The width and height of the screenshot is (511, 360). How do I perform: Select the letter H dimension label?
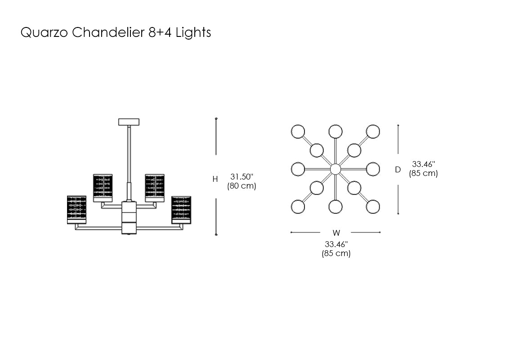(215, 179)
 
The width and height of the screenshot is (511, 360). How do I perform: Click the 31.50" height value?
(242, 176)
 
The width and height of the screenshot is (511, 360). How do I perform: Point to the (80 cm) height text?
(242, 186)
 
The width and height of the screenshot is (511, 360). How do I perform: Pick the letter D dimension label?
(398, 170)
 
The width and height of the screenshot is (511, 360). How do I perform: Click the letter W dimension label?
(336, 233)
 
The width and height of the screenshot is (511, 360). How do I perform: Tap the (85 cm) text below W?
(336, 253)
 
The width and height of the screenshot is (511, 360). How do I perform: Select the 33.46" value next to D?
(424, 164)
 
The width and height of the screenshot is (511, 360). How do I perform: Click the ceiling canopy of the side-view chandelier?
(129, 121)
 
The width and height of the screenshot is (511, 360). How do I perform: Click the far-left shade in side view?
(76, 209)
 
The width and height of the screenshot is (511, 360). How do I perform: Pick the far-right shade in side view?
(181, 209)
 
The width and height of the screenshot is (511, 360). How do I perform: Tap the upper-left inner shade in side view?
(103, 188)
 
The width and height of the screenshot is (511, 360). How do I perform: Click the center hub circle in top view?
(335, 169)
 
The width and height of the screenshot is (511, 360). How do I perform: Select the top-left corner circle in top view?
(298, 132)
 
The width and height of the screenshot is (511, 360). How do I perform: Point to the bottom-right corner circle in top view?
(373, 207)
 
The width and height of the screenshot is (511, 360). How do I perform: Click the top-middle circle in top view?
(335, 132)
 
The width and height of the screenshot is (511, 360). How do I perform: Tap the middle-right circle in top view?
(373, 169)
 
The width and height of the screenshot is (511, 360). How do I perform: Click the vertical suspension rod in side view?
(129, 153)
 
